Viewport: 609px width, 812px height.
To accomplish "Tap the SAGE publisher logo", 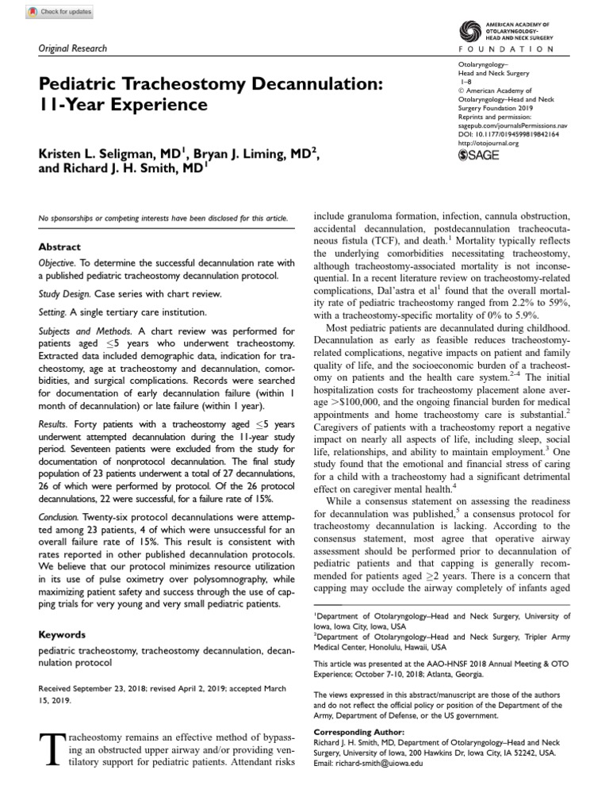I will point(480,155).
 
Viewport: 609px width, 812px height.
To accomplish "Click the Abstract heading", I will point(59,247).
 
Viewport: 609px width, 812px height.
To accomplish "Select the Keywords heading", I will point(63,635).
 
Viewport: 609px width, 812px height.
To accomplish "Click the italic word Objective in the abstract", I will point(56,262).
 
